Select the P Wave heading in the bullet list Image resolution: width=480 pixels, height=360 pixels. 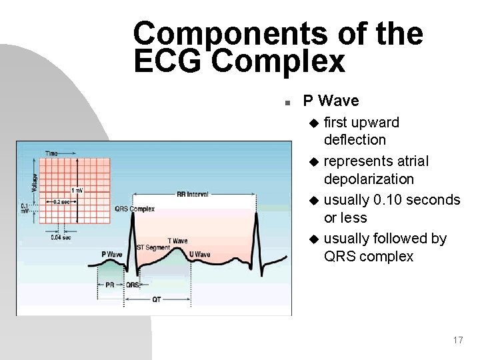(x=331, y=101)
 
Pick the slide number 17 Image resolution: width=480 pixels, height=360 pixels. (x=457, y=340)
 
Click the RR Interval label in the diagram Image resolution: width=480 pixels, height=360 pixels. (x=192, y=195)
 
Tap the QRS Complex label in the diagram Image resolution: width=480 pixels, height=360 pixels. (x=135, y=209)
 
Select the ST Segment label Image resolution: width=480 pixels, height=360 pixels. (x=153, y=247)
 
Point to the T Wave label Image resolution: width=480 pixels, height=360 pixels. (x=177, y=241)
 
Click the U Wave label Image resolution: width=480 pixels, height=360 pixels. (x=199, y=255)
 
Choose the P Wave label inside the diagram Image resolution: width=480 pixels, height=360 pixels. (x=111, y=254)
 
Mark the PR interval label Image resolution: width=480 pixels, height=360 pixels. (x=110, y=285)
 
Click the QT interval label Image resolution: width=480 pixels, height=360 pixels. (x=157, y=299)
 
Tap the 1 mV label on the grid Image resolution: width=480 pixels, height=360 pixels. (x=78, y=191)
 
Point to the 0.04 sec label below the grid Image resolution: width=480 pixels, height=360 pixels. (x=61, y=237)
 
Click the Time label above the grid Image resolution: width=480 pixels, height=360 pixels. (x=51, y=153)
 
